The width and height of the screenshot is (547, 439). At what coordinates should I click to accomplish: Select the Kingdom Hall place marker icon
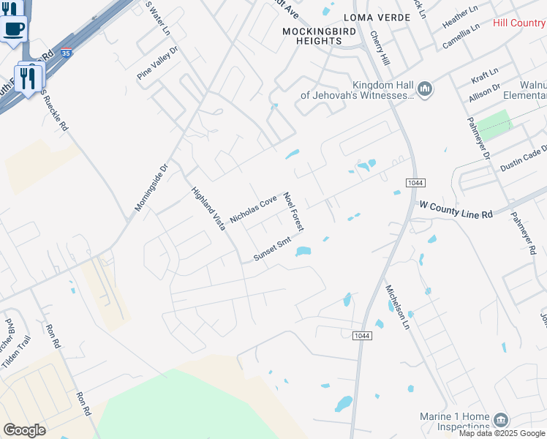(425, 90)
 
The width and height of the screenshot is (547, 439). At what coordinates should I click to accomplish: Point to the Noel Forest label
(294, 213)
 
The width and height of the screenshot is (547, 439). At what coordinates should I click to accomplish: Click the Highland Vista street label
(208, 209)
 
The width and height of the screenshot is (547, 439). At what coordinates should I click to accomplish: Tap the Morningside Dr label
(151, 187)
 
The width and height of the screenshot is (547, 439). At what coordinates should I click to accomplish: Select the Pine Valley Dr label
(157, 63)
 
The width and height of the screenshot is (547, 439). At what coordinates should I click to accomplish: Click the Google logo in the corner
(25, 430)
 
